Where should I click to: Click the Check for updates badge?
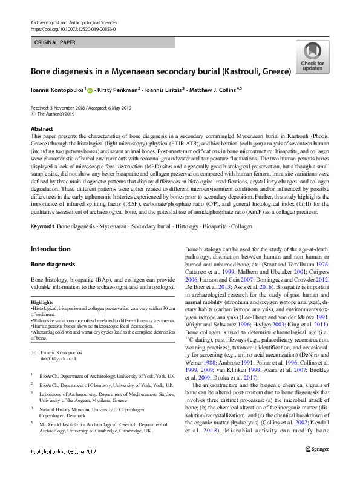312,57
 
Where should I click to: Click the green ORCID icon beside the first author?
90,90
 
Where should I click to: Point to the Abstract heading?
42,129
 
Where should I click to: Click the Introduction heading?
50,249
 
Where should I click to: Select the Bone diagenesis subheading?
53,265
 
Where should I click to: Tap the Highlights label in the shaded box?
42,303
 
